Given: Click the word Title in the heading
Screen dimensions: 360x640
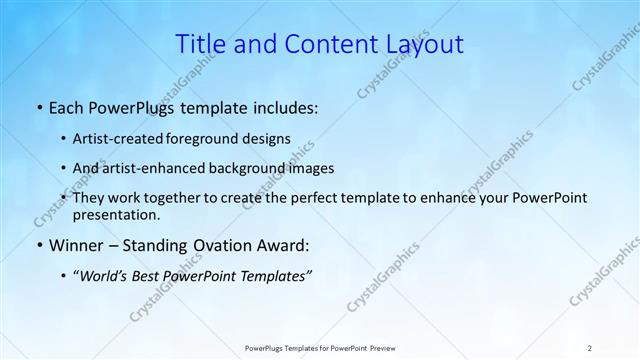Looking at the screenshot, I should pos(200,44).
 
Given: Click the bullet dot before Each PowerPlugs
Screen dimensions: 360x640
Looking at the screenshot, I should pos(38,107).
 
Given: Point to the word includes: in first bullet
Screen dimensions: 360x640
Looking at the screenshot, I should pos(282,107).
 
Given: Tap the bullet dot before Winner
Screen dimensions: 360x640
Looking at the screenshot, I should pos(38,245).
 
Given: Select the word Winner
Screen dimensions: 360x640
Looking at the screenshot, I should pos(76,245).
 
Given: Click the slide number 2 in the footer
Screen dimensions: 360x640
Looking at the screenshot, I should pos(589,348).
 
